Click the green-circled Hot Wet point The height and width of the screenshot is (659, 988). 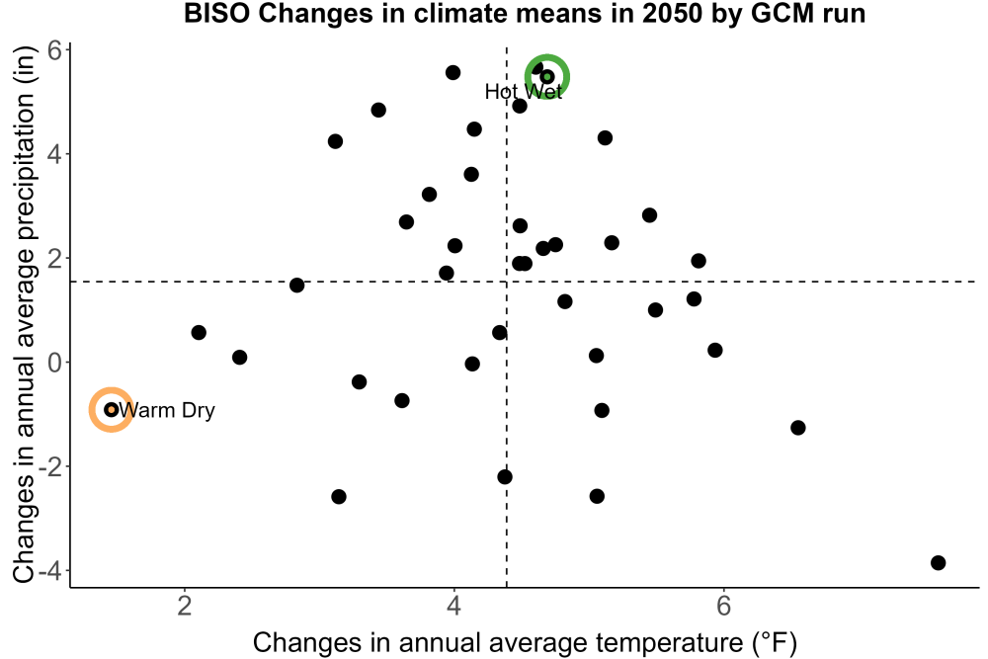coord(547,77)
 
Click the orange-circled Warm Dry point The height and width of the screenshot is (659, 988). coord(112,409)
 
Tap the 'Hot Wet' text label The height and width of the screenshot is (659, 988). coord(524,92)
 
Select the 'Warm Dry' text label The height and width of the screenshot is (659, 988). coord(167,410)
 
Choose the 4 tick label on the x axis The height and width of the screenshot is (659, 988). coord(453,606)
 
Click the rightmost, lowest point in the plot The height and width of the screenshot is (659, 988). coord(939,562)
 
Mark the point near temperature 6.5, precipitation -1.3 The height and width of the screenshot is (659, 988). coord(797,428)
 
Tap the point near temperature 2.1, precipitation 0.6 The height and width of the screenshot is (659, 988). coord(199,333)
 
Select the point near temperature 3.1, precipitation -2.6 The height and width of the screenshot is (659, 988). coord(338,496)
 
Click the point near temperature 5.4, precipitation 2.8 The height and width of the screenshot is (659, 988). coord(650,215)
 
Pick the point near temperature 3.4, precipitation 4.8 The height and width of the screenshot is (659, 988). coord(378,111)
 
